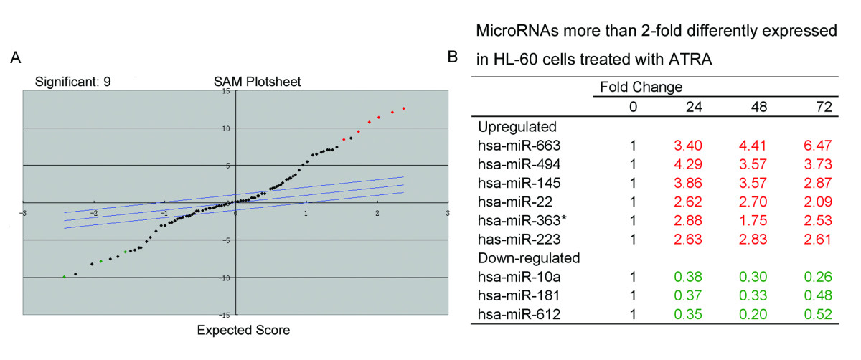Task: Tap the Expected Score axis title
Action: click(x=243, y=331)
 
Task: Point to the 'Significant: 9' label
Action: click(x=73, y=82)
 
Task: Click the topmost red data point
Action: click(x=404, y=108)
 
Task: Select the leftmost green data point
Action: click(x=65, y=276)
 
